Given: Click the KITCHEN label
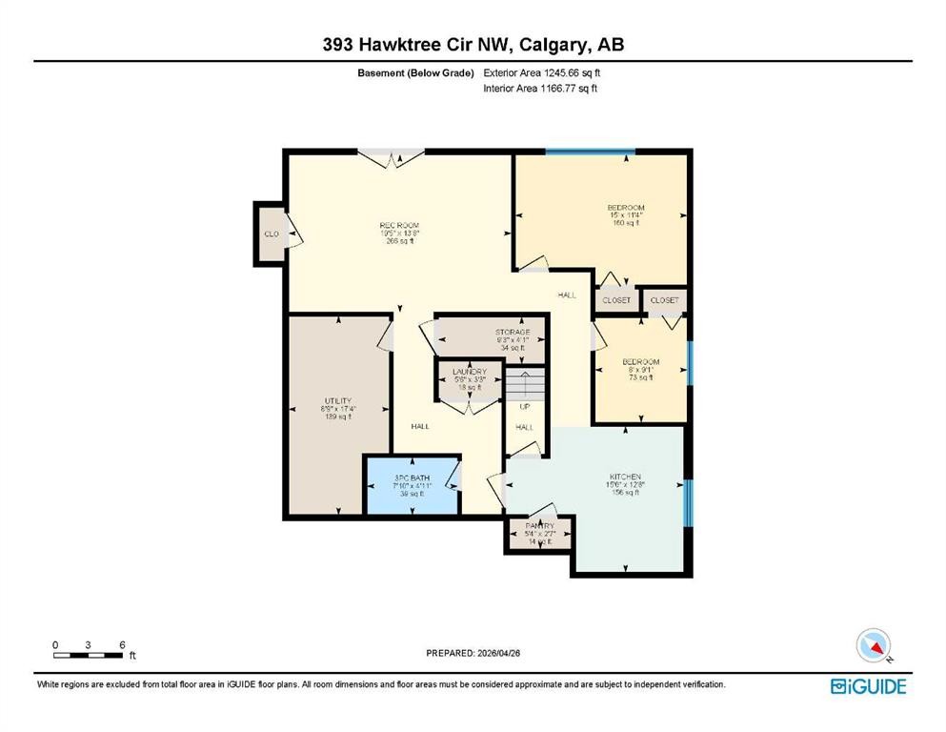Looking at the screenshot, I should [x=625, y=477].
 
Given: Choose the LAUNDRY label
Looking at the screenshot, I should [x=470, y=372].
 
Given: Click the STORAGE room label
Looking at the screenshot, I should [x=512, y=333].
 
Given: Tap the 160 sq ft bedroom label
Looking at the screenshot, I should [x=626, y=208].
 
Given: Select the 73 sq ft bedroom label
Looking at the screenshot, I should [x=640, y=362].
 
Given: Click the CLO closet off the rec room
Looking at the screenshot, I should [x=271, y=234].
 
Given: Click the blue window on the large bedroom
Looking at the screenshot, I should [x=591, y=152].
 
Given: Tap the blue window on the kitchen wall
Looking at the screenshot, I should [x=688, y=503].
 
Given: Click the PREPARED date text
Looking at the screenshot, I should [x=473, y=654].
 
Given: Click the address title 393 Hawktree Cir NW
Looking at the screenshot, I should [x=473, y=45].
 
